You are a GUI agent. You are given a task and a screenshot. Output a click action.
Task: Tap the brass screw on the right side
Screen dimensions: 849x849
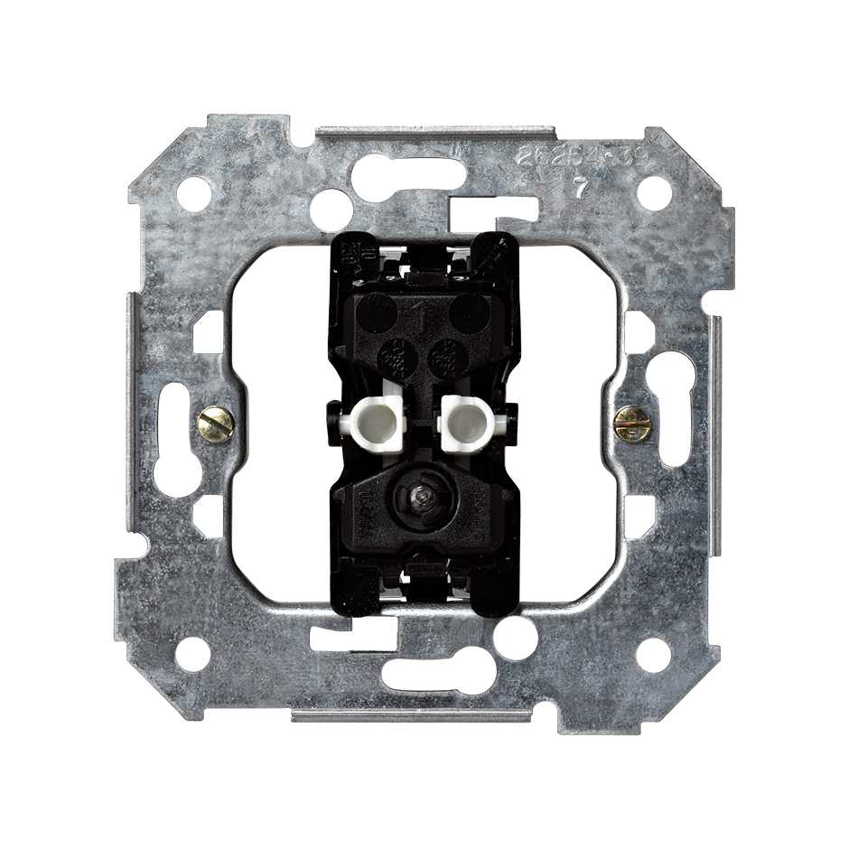point(631,423)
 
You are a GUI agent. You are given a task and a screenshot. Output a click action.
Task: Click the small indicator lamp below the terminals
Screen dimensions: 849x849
point(421,496)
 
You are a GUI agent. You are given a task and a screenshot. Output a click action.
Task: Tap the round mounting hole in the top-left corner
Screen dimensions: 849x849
point(193,193)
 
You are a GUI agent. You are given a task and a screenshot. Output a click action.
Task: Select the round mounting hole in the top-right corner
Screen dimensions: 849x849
point(654,192)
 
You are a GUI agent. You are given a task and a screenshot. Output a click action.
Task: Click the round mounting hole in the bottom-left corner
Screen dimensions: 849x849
point(192,654)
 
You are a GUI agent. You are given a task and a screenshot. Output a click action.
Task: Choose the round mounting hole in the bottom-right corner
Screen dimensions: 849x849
point(654,654)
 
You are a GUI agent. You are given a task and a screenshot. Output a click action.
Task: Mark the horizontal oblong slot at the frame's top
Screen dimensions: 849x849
point(408,176)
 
